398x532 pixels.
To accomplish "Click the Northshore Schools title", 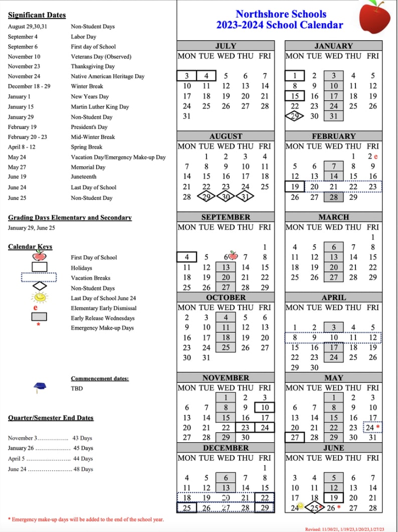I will [281, 14].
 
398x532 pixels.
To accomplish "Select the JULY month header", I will [226, 46].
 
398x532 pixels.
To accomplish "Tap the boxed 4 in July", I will [206, 76].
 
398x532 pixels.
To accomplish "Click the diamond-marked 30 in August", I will [226, 197].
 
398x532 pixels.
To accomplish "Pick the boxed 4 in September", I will [186, 257].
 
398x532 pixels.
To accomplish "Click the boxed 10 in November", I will [265, 408].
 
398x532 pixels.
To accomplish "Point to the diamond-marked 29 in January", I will [295, 116].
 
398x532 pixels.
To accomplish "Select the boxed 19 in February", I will [295, 187].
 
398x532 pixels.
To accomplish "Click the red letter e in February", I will [375, 157].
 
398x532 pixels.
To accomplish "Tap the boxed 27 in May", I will [295, 438].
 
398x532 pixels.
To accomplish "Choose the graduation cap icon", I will [39, 387].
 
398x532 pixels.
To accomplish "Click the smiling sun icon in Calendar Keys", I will [39, 297].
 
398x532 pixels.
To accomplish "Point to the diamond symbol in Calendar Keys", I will [39, 287].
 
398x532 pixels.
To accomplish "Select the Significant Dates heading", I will [37, 15].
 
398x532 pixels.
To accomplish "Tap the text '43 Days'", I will [83, 438].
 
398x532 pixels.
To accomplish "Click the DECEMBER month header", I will [226, 448].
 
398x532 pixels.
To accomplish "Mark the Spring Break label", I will [86, 147].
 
